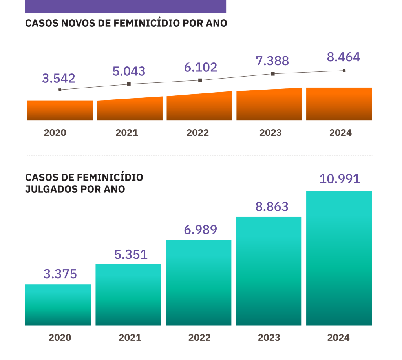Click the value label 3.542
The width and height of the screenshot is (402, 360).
point(58,79)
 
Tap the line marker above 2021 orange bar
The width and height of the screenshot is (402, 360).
point(128,84)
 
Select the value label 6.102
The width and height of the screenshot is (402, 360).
point(200,67)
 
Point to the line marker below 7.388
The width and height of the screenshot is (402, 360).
point(272,74)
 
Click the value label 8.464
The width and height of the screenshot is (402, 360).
point(344,57)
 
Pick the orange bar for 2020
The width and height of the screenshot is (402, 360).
point(60,110)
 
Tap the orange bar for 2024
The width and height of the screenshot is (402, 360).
point(339,104)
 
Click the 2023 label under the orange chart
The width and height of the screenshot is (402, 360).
point(270,133)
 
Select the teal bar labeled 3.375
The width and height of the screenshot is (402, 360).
point(58,305)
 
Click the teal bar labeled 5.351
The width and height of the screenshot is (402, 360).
point(128,294)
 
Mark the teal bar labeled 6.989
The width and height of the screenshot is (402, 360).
point(198,283)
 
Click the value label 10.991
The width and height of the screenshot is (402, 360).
point(340,179)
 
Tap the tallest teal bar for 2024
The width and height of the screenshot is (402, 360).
point(339,258)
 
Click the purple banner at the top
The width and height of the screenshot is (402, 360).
point(126,6)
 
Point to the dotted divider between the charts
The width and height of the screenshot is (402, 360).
point(199,155)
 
